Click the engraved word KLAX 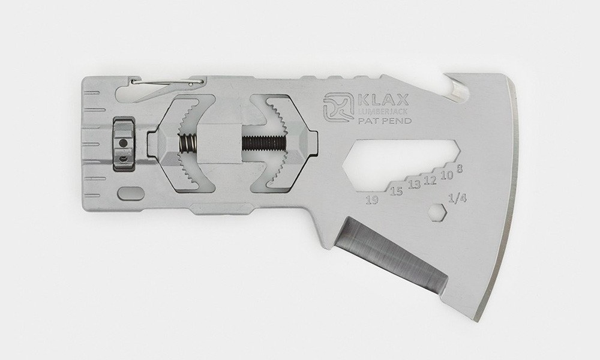384,100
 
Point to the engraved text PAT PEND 385,121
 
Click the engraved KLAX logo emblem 338,108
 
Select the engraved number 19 371,199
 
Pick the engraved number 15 397,190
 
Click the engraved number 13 414,184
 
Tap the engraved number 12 430,179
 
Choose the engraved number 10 446,175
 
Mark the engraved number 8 460,167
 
